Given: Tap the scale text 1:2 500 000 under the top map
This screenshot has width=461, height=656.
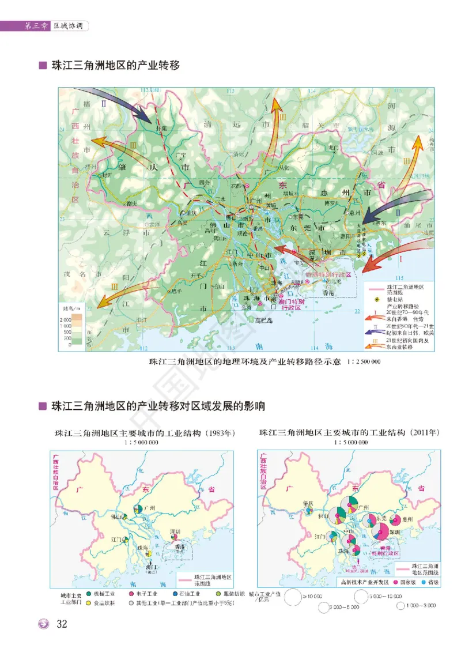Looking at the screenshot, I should pos(362,361).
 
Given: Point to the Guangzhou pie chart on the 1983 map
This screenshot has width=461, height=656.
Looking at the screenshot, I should pos(138,508).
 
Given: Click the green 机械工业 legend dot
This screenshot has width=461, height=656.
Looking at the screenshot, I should pos(88,593).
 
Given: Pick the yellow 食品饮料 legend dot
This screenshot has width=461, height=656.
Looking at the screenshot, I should pos(88,603).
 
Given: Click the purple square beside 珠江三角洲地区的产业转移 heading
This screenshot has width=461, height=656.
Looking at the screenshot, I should pos(42,66).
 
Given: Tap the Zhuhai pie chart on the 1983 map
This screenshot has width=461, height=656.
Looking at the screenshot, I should pos(149,554).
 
